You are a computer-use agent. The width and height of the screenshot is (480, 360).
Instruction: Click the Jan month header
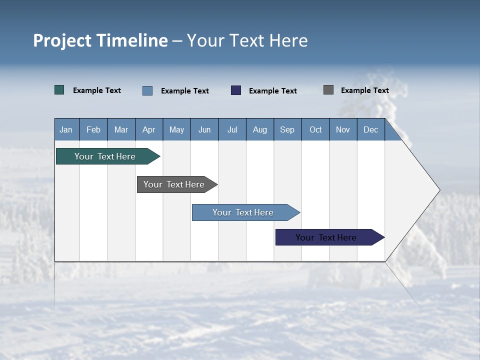point(66,129)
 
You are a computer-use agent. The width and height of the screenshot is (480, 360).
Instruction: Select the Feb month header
point(93,129)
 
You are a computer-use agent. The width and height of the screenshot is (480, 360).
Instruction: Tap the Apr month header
point(149,129)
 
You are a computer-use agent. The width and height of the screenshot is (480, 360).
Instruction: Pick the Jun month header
point(204,129)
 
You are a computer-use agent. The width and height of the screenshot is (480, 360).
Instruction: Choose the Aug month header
point(260,129)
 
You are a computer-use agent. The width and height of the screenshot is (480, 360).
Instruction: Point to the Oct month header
point(315,129)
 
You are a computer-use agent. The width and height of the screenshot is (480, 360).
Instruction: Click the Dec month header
point(371,129)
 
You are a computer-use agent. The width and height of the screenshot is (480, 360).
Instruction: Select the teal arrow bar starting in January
point(105,156)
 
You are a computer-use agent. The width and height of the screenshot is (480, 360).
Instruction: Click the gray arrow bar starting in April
point(174,184)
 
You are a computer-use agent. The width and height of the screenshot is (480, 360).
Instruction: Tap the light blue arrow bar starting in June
point(243,212)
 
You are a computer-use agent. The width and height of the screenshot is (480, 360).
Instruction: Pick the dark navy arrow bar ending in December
point(326,237)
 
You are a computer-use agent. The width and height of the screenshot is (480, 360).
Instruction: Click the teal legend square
point(59,90)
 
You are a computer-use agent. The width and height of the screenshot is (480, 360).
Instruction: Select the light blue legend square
point(147,90)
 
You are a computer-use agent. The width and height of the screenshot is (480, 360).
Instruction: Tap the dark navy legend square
point(236,90)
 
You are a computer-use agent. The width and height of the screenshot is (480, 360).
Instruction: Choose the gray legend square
point(328,90)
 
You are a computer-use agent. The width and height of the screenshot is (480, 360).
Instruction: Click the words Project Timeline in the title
point(100,40)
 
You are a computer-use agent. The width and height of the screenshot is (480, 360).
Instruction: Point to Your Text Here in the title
point(247,40)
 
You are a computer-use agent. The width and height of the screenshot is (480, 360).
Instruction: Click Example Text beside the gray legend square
point(364,90)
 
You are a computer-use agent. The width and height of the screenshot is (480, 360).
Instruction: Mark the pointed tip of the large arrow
point(438,190)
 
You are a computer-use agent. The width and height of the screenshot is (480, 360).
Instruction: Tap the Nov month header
point(343,129)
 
